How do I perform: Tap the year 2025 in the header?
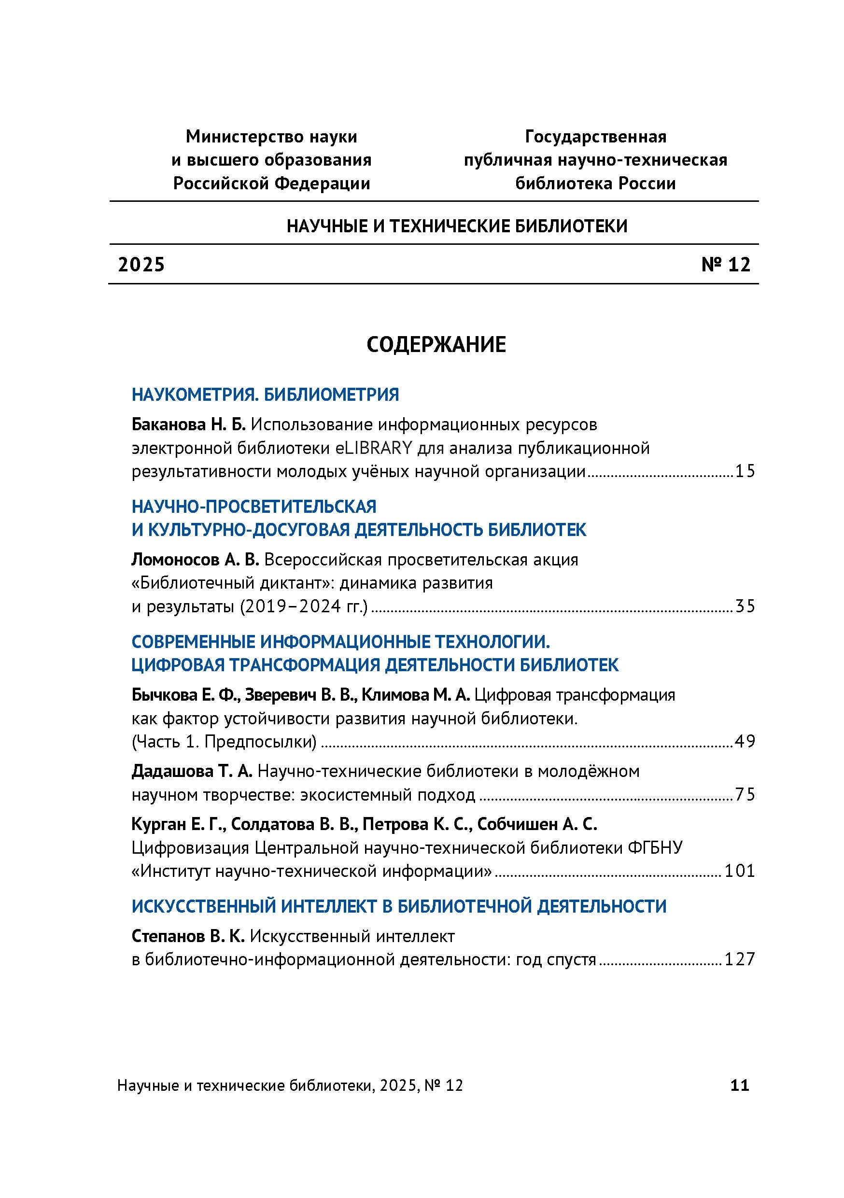pos(141,265)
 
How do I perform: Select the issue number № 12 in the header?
pos(726,265)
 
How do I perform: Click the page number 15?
pos(745,472)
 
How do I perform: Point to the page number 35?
pos(745,607)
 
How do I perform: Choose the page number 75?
pos(745,795)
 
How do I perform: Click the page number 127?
pos(740,959)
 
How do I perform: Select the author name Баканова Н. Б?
pos(188,425)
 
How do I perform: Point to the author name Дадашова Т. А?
pos(191,772)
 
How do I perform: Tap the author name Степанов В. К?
pos(188,937)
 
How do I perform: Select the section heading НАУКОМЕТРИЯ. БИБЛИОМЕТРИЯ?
pos(265,395)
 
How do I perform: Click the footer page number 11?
pos(740,1086)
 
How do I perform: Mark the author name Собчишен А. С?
pos(537,825)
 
